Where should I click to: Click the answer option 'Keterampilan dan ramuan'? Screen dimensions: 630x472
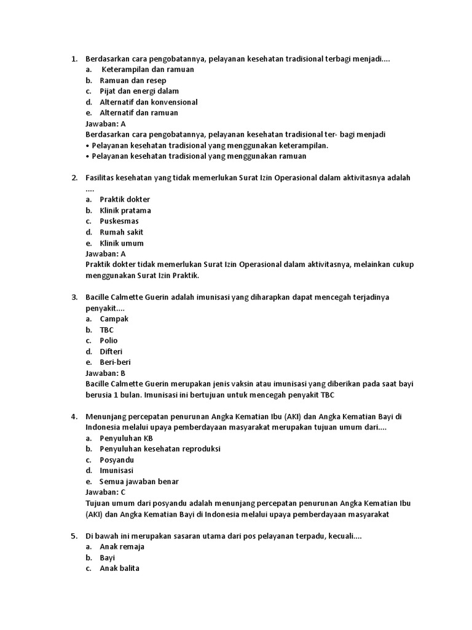(x=147, y=70)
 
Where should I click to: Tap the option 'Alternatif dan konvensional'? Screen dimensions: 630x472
(x=149, y=102)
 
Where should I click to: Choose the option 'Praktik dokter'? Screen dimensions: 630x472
(x=125, y=199)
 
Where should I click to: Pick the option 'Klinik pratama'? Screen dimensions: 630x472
(x=125, y=210)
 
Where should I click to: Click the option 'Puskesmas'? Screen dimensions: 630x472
(x=119, y=221)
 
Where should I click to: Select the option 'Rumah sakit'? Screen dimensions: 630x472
(x=122, y=232)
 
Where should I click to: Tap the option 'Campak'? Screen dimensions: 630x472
(x=114, y=319)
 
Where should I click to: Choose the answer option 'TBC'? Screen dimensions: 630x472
(x=107, y=330)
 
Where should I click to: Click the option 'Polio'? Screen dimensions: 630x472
(x=109, y=340)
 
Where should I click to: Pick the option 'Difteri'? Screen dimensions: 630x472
(x=111, y=351)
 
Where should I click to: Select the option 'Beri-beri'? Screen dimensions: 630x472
(x=115, y=362)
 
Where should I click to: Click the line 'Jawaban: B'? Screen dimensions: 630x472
(x=106, y=373)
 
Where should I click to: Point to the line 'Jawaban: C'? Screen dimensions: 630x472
(x=106, y=492)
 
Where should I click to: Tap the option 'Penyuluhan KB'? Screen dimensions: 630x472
(x=126, y=438)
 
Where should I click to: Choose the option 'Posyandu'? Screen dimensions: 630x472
(x=117, y=460)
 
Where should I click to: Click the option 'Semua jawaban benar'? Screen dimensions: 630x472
(x=140, y=482)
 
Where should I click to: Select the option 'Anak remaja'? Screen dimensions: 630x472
(x=122, y=546)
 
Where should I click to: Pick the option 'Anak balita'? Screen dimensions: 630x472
(x=119, y=568)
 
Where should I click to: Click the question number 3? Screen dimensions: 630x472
(x=74, y=297)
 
